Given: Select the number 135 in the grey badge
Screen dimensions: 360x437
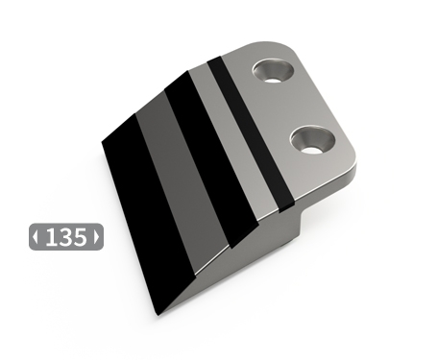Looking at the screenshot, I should pos(65,237).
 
